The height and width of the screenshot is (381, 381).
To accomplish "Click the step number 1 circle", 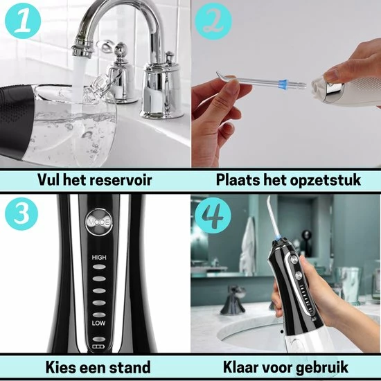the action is coord(23,21).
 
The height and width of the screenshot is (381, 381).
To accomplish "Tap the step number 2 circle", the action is coord(213,21).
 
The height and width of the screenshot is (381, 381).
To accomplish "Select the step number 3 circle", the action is coord(22,214).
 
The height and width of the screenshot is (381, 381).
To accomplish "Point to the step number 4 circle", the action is coord(213,215).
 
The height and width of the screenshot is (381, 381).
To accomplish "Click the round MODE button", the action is coord(99,222).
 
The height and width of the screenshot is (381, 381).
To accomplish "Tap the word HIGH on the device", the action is coord(99,257).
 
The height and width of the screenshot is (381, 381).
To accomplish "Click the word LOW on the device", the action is coord(98,323).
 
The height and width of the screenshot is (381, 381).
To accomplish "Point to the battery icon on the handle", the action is coord(98,346).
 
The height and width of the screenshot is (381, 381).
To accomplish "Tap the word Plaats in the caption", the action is coord(238,180).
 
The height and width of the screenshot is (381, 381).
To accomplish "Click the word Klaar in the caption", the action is coord(241,367).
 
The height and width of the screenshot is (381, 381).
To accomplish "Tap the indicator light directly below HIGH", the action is coord(99,267).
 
